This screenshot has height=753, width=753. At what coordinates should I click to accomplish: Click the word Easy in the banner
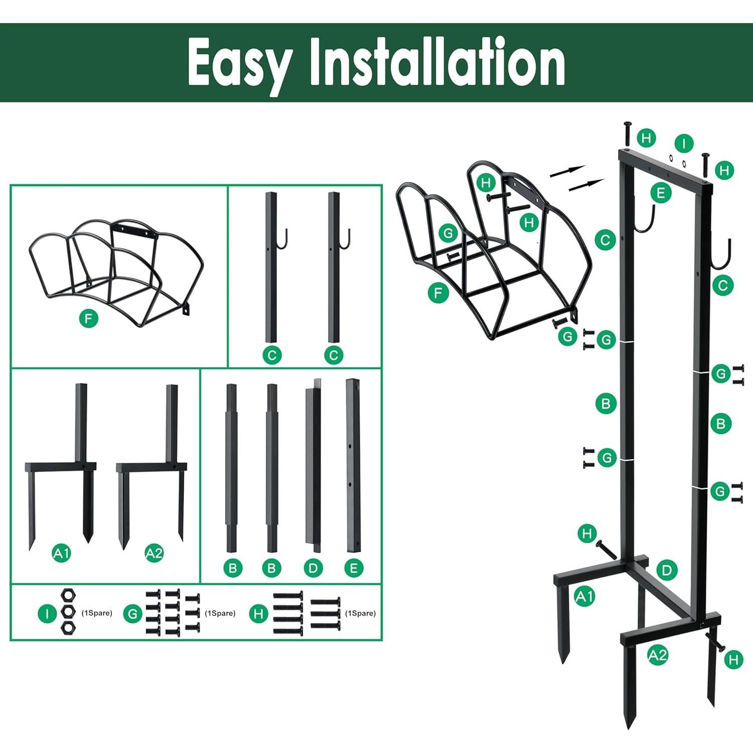(x=239, y=63)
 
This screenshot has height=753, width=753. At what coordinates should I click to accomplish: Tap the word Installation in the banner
(x=437, y=62)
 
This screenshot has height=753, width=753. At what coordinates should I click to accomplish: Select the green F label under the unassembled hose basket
(x=89, y=318)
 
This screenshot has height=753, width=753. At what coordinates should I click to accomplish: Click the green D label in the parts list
(x=313, y=568)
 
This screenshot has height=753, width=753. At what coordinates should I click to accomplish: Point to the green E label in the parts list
(x=353, y=568)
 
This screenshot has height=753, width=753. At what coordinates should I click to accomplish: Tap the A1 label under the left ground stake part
(x=62, y=553)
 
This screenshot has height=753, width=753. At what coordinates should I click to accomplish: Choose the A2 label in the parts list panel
(x=154, y=553)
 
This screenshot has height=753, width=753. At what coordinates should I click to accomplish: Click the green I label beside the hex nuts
(x=47, y=613)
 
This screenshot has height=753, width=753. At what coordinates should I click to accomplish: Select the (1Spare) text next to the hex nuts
(x=97, y=613)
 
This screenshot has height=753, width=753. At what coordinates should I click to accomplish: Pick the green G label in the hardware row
(x=133, y=613)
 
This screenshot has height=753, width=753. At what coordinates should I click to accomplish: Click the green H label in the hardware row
(x=259, y=613)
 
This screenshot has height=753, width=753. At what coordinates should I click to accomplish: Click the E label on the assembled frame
(x=661, y=193)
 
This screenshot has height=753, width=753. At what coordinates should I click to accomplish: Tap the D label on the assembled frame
(x=667, y=570)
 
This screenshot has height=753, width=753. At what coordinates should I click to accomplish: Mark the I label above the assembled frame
(x=683, y=144)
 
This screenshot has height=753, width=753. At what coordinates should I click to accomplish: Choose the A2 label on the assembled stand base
(x=657, y=655)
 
